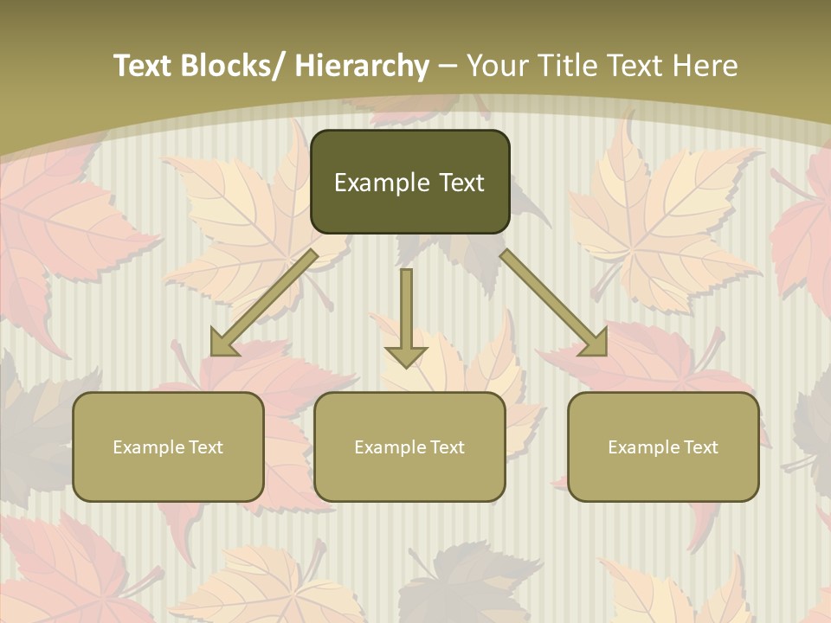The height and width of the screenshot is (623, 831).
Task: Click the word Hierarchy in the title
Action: (362, 66)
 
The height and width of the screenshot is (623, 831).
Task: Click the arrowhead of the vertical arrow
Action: (406, 356)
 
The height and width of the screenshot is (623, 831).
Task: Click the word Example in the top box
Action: (382, 183)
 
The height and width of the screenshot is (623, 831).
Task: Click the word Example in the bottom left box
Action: (148, 447)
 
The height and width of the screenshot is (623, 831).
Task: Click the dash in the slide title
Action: (448, 66)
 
